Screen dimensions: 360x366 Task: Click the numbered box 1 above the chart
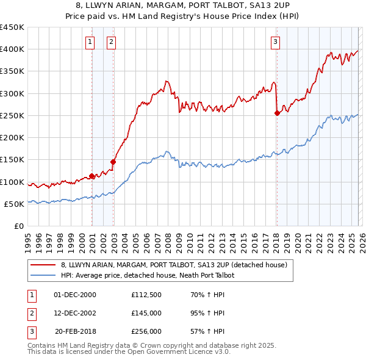pos(90,42)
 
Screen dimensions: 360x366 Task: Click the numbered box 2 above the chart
pos(112,42)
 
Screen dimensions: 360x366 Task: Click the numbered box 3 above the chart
pos(275,42)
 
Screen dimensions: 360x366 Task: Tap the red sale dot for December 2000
pos(91,176)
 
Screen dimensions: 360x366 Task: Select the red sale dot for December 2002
pos(113,162)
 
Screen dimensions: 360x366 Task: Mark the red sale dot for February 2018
pos(277,113)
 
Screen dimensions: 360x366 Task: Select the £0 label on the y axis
pos(19,226)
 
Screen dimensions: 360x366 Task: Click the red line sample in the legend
pos(43,265)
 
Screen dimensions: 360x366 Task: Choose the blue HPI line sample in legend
pos(43,275)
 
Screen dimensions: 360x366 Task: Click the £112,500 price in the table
pos(146,295)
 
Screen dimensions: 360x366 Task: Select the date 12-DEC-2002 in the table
pos(75,313)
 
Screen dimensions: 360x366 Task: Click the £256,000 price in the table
pos(146,331)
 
